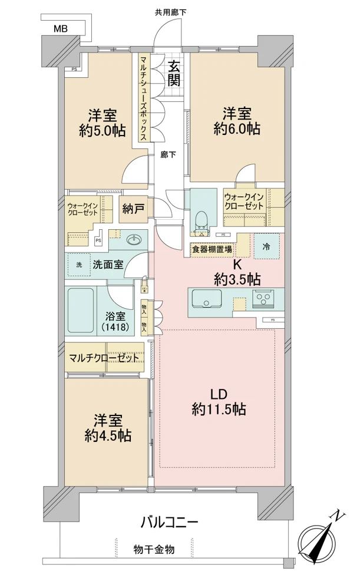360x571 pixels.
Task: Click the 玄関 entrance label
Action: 173,74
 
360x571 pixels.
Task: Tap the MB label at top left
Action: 60,28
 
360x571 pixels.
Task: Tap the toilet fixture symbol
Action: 202,220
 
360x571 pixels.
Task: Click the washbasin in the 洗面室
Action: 135,239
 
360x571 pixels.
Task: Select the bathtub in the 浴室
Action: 79,311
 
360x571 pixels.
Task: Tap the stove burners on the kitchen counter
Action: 263,299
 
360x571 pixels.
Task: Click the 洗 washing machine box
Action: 80,264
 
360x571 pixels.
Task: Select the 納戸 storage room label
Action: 134,209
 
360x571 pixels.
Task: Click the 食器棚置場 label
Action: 211,249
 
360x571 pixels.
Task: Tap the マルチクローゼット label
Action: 104,358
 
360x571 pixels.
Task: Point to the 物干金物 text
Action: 153,549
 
